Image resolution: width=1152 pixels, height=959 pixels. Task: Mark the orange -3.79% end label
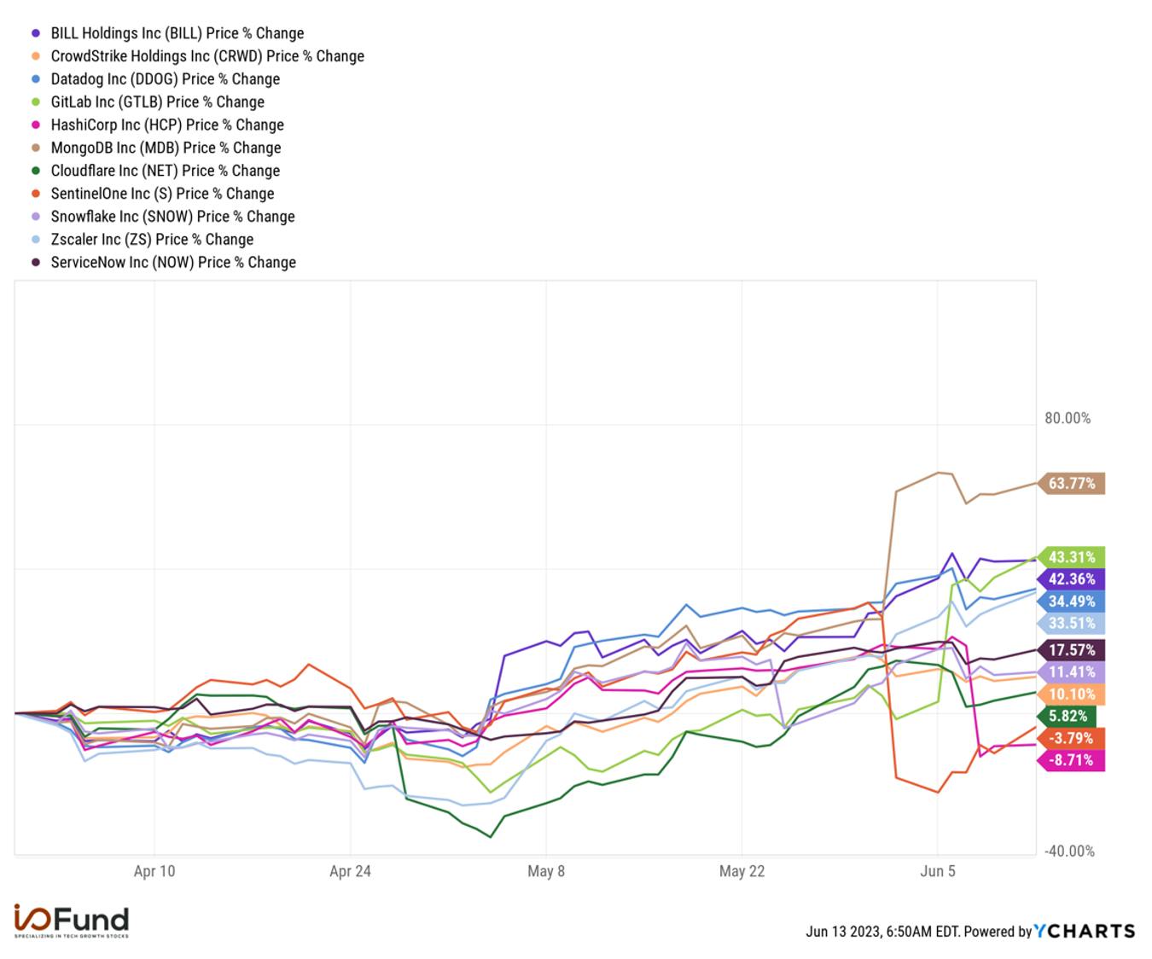pyautogui.click(x=1070, y=738)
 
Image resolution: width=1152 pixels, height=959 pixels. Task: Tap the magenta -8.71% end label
pyautogui.click(x=1070, y=760)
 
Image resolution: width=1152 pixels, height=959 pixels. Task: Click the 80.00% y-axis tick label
pyautogui.click(x=1068, y=418)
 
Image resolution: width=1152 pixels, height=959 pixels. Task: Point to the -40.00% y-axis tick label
pyautogui.click(x=1069, y=851)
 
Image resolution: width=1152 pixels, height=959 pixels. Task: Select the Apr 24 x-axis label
pyautogui.click(x=351, y=871)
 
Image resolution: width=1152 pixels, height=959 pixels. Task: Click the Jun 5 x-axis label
pyautogui.click(x=937, y=871)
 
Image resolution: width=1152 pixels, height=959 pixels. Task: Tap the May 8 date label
pyautogui.click(x=546, y=871)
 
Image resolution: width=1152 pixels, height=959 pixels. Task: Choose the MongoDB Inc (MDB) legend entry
pyautogui.click(x=157, y=148)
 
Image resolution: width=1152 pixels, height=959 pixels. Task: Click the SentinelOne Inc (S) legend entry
pyautogui.click(x=153, y=194)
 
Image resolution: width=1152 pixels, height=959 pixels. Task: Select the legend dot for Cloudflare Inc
pyautogui.click(x=36, y=171)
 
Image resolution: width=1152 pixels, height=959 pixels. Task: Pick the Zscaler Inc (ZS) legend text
pyautogui.click(x=152, y=240)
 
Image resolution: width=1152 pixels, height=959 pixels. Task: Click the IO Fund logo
pyautogui.click(x=71, y=921)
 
